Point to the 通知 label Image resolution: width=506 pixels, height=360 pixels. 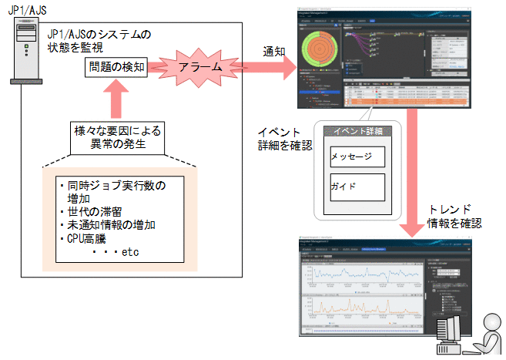click(x=274, y=51)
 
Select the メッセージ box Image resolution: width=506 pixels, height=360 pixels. click(x=356, y=156)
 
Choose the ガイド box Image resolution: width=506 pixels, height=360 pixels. click(x=356, y=187)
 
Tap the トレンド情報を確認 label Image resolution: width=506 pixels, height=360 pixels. click(x=454, y=217)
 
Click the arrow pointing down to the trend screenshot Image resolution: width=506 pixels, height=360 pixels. click(x=410, y=177)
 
